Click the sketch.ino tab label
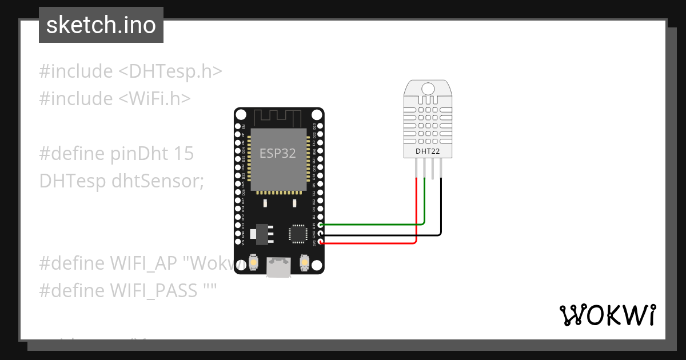click(x=101, y=25)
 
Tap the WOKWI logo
click(x=607, y=315)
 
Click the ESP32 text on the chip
click(x=278, y=154)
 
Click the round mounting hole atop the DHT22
click(x=428, y=88)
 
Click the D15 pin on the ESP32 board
click(x=321, y=225)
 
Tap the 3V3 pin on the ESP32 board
click(x=321, y=243)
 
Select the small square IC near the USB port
click(x=298, y=233)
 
